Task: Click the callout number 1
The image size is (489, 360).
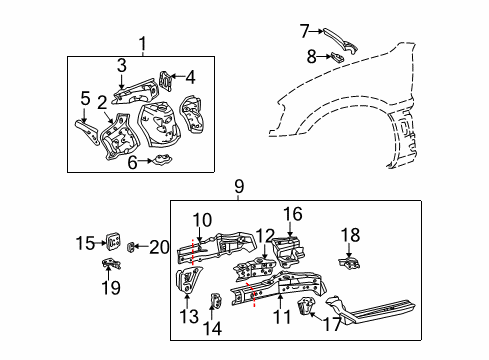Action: [142, 43]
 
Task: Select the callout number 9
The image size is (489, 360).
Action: [239, 185]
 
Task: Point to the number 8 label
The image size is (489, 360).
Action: [312, 57]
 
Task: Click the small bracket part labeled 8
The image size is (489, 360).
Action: [337, 58]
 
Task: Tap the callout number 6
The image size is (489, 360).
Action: [130, 163]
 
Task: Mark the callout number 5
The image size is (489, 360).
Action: [85, 98]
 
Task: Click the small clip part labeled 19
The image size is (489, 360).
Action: [109, 266]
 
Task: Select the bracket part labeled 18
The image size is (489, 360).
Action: [349, 262]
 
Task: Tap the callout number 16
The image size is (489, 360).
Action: [291, 214]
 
